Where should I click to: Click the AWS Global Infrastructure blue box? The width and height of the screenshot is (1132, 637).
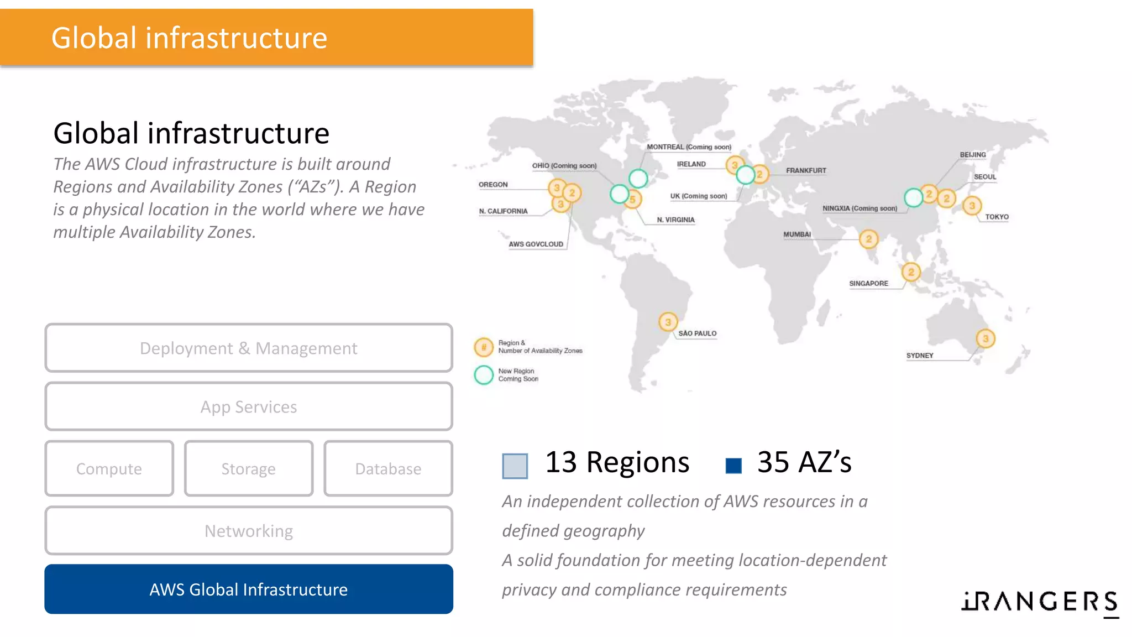pos(249,589)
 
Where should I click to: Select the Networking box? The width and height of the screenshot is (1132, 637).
pos(249,530)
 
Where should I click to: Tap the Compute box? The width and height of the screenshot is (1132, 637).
pos(109,468)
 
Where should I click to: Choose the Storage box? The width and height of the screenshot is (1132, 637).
pos(249,468)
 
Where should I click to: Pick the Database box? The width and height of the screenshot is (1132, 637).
pos(388,468)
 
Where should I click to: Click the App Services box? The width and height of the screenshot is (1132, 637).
pos(249,406)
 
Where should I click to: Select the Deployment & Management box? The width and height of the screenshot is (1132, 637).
pos(249,348)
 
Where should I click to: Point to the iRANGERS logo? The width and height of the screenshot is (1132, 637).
pos(1040,602)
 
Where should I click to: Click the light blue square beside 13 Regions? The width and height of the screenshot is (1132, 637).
pos(515,466)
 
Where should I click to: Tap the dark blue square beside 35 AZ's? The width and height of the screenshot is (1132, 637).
pos(733,466)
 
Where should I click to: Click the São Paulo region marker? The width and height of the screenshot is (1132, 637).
pos(668,322)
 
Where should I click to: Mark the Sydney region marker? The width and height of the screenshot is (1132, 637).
pos(985,338)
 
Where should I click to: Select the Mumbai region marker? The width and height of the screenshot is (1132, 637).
pos(868,239)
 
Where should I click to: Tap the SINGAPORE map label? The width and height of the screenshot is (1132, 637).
pos(868,283)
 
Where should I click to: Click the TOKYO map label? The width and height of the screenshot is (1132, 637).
pos(997,217)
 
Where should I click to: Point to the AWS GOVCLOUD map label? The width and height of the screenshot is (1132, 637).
pos(536,244)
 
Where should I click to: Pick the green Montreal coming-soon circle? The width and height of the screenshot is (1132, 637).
pos(638,178)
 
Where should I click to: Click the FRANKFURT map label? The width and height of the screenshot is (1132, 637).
pos(806,170)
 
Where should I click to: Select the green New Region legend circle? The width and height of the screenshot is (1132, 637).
pos(484,375)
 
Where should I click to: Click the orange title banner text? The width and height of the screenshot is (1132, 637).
pos(189,38)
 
